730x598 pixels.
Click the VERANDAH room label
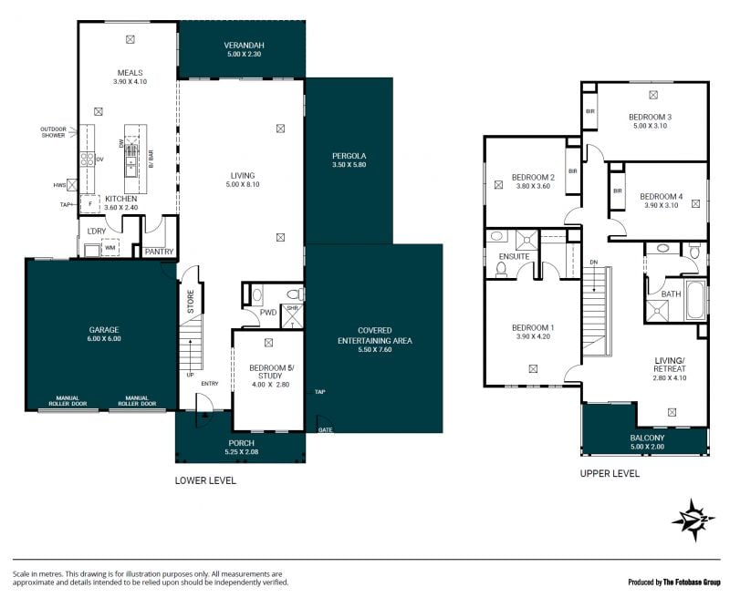point(244,45)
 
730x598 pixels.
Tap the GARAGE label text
point(104,330)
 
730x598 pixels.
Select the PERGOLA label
point(349,156)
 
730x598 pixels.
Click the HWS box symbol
point(72,185)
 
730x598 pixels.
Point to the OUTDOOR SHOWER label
point(53,132)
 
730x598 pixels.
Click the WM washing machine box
point(109,248)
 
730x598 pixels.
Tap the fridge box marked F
point(90,204)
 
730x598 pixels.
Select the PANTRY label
point(159,252)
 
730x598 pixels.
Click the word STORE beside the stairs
point(191,302)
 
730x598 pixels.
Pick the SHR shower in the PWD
point(292,316)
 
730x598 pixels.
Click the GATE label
point(326,430)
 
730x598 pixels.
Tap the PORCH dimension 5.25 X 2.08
point(242,451)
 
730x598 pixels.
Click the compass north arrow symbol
point(693,520)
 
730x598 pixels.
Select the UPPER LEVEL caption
point(610,473)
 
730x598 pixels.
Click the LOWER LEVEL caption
point(205,480)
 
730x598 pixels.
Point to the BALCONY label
point(647,438)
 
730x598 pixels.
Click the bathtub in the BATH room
point(695,301)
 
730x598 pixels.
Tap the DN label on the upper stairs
point(594,263)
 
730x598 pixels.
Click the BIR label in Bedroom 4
point(618,191)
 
